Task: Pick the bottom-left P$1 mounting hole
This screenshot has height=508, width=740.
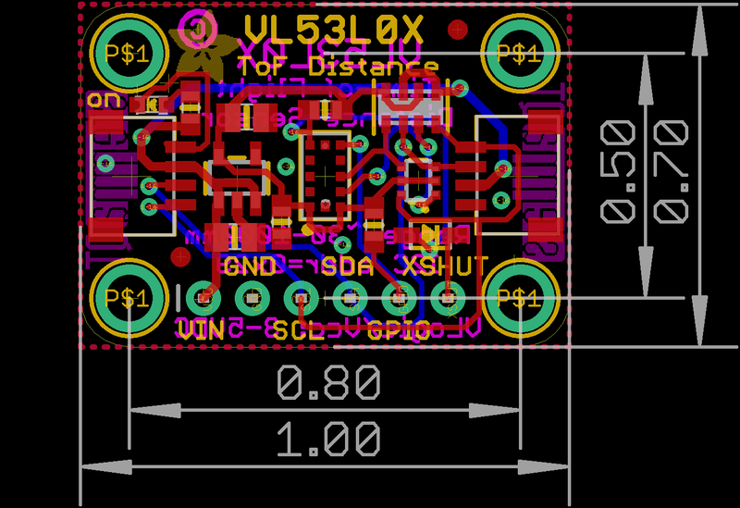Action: point(127,298)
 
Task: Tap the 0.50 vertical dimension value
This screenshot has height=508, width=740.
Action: point(618,172)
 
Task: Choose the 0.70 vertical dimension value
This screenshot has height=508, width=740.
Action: point(671,172)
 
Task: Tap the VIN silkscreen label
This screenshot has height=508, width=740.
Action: point(202,328)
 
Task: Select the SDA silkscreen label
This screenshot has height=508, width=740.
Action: point(347,267)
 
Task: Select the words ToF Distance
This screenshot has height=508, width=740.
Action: point(338,66)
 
